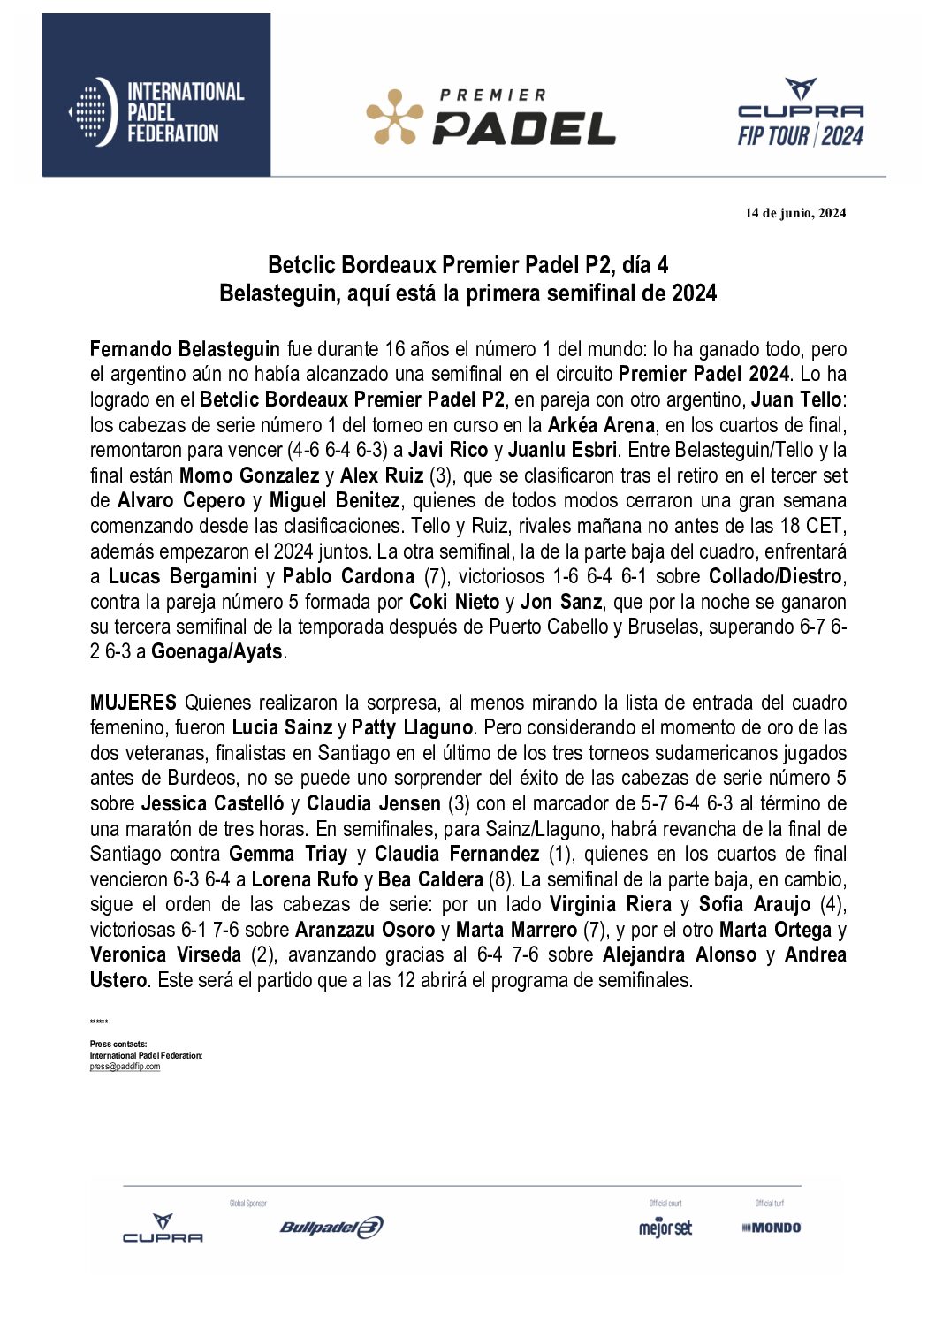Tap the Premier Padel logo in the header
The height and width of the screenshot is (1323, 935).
point(490,117)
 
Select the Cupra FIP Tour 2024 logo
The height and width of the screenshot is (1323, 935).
point(800,113)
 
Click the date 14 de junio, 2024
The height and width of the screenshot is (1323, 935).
point(794,213)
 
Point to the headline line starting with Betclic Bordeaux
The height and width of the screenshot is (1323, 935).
point(467,265)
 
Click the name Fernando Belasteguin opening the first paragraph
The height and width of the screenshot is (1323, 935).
point(185,349)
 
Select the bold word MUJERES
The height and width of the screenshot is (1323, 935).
point(133,703)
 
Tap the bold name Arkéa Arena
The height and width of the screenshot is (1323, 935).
point(601,425)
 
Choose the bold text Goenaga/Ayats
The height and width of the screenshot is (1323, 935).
point(217,652)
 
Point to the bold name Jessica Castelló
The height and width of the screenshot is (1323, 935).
point(212,804)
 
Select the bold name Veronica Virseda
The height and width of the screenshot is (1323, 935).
point(165,955)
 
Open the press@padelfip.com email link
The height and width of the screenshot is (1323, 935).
point(125,1067)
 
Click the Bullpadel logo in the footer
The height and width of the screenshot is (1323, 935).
point(331,1227)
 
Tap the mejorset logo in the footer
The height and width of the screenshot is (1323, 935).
point(665,1228)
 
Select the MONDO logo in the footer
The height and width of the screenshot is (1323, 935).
point(771,1228)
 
